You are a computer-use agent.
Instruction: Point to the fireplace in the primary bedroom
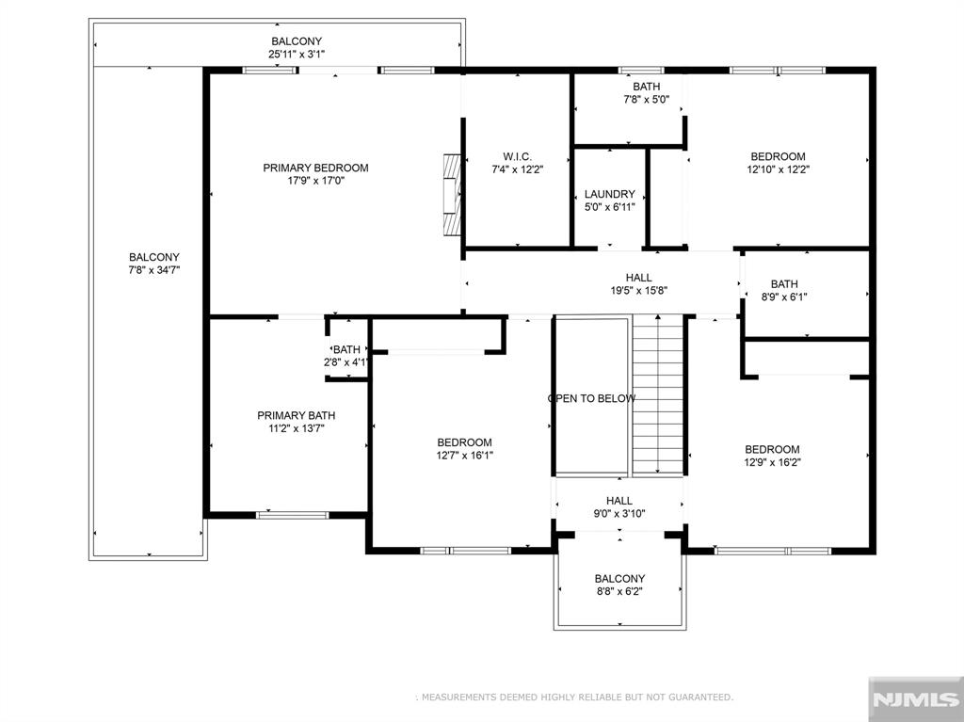[452, 194]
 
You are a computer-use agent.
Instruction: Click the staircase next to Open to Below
[658, 394]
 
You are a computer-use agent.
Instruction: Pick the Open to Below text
[591, 398]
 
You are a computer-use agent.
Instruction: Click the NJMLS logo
[915, 699]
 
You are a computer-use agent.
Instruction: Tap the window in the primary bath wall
[292, 515]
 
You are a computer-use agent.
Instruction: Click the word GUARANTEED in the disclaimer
[700, 698]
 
